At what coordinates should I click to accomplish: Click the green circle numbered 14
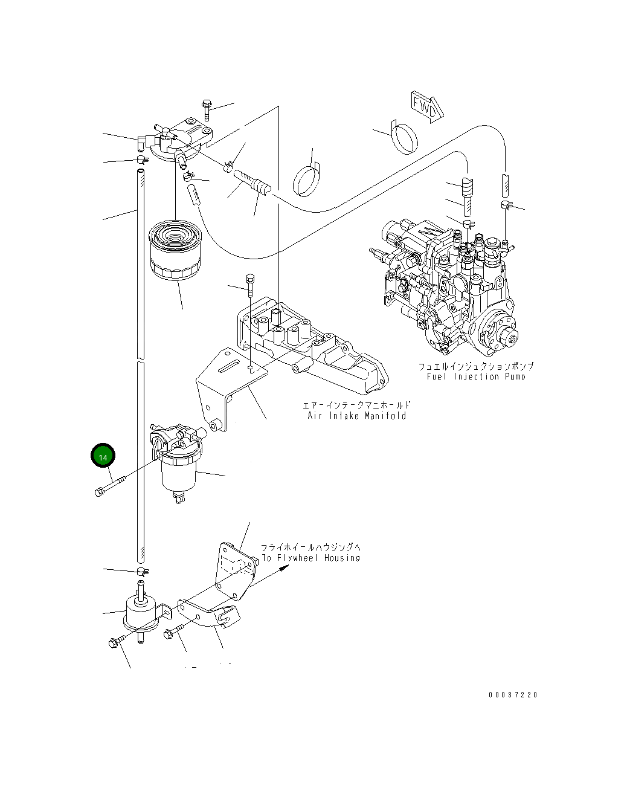pyautogui.click(x=103, y=456)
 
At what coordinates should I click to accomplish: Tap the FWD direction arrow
pyautogui.click(x=428, y=107)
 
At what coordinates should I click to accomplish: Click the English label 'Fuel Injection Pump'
pyautogui.click(x=476, y=377)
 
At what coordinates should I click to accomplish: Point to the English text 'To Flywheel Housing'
pyautogui.click(x=310, y=558)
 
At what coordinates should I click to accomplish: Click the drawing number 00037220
pyautogui.click(x=512, y=695)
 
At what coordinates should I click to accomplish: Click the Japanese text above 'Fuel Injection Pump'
pyautogui.click(x=476, y=366)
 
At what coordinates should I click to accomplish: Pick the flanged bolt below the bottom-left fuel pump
pyautogui.click(x=116, y=642)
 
